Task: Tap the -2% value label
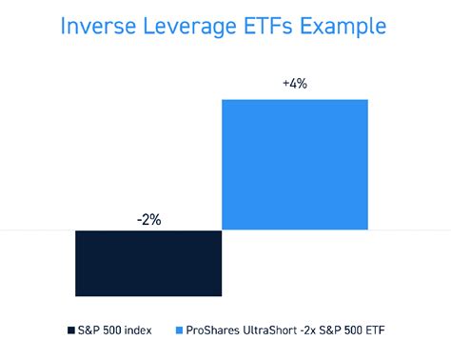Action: tap(147, 219)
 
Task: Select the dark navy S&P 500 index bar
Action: tap(147, 263)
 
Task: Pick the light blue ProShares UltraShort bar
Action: tap(294, 164)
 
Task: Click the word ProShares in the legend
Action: tap(215, 330)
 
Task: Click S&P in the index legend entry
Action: tap(89, 330)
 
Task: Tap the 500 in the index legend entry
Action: tap(115, 330)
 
